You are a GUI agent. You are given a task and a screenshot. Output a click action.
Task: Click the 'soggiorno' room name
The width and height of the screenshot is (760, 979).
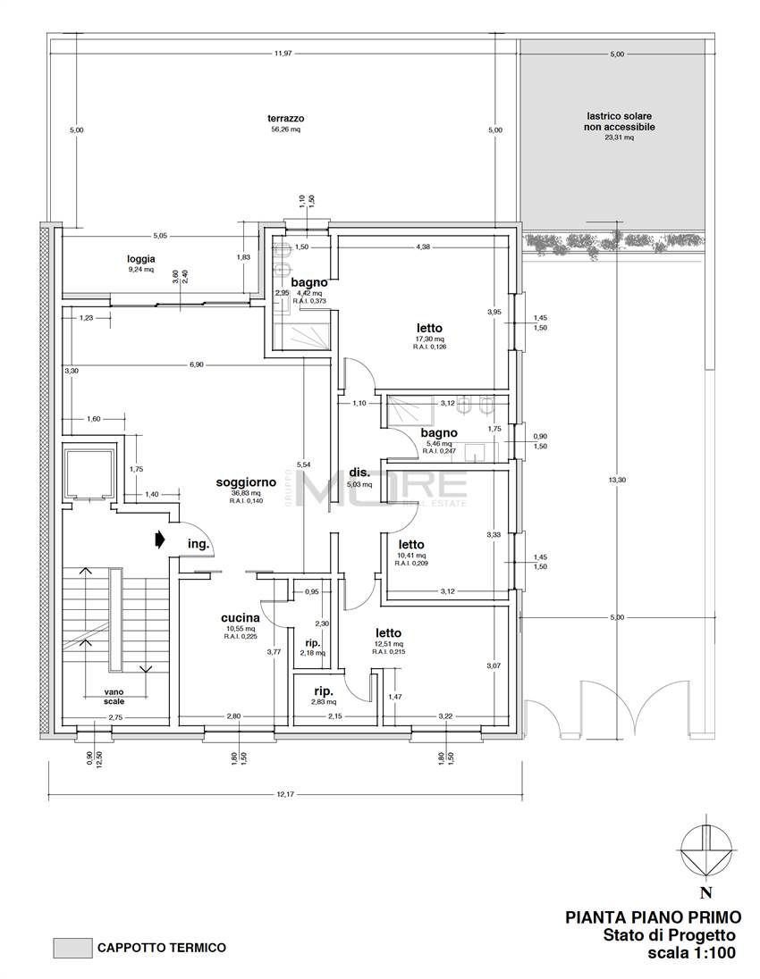click(x=239, y=482)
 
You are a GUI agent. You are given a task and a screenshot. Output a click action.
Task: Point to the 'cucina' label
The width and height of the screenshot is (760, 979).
click(x=241, y=618)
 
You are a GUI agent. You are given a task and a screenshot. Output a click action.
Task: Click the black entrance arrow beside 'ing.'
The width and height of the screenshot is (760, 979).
click(x=160, y=539)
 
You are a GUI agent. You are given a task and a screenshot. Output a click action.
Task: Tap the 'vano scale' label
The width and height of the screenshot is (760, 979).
click(x=114, y=697)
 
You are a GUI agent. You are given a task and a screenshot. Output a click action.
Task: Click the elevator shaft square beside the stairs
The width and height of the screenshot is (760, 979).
click(x=89, y=473)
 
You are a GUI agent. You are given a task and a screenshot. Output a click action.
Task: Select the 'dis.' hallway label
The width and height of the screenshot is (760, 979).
click(x=359, y=473)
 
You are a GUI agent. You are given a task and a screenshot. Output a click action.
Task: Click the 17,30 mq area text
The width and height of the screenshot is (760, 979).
click(x=428, y=339)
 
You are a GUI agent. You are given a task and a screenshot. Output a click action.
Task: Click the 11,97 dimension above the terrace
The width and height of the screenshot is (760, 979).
click(x=283, y=54)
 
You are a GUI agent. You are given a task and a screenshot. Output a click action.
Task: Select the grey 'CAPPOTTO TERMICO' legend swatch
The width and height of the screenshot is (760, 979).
click(x=72, y=948)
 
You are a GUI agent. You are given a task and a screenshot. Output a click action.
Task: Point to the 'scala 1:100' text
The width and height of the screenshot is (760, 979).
click(x=691, y=953)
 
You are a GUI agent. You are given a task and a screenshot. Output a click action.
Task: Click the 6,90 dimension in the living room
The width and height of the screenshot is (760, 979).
click(x=197, y=364)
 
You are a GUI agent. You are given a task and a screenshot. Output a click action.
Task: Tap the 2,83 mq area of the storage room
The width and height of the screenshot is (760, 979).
click(x=323, y=701)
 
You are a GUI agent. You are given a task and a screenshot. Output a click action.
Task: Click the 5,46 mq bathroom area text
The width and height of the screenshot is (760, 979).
click(x=439, y=443)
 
